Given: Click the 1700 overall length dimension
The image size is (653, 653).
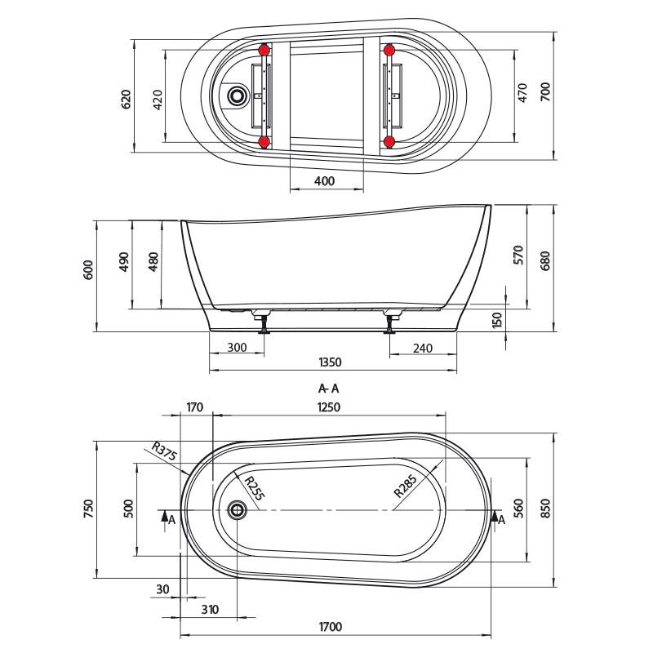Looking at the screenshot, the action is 331,626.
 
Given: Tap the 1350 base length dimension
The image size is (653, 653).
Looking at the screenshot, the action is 330,362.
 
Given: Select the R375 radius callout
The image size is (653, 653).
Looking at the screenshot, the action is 164,451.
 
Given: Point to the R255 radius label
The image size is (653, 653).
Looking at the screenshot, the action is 254,487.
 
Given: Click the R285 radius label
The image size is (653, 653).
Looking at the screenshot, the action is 405,486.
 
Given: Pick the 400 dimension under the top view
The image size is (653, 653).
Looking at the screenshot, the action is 324,180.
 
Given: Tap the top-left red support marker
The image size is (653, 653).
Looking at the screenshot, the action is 264,51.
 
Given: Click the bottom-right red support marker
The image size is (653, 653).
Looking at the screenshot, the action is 389,142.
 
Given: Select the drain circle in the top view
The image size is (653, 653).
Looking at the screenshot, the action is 237,96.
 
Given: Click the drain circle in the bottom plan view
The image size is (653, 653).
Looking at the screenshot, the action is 237,509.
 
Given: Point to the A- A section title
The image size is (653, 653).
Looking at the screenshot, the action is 329,389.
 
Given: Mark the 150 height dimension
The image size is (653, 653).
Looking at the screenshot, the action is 497,320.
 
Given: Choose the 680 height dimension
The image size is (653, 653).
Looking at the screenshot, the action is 544,261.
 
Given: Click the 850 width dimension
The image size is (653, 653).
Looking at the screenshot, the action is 544,509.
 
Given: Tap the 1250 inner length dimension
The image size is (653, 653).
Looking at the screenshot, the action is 329,406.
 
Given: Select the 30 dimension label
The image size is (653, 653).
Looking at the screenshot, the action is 162,589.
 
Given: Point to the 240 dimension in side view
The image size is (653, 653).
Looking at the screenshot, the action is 423,348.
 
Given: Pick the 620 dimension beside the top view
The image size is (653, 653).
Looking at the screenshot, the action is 126,99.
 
